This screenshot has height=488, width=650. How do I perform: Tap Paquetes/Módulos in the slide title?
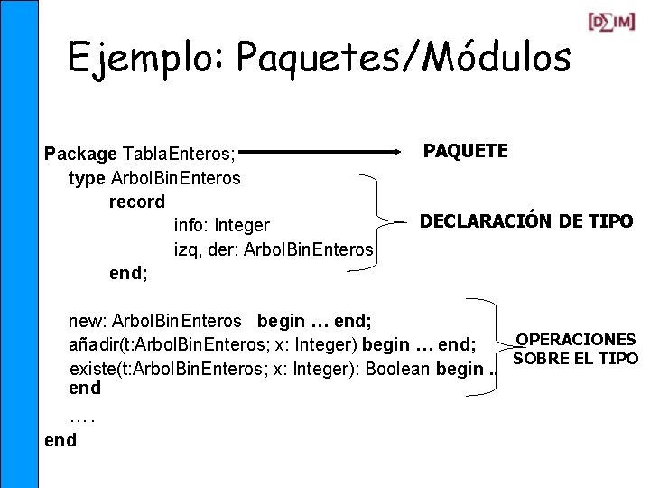click(x=404, y=59)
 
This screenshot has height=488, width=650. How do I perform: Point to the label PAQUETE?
click(x=466, y=151)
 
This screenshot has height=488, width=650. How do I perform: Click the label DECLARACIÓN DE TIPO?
click(x=526, y=221)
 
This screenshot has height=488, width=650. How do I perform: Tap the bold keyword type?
click(x=87, y=178)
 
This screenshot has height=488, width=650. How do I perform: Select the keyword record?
click(x=137, y=202)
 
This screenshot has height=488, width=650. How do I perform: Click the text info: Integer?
click(x=222, y=225)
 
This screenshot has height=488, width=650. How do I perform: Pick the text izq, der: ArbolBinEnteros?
click(x=274, y=249)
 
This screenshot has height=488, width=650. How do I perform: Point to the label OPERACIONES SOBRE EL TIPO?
click(x=575, y=349)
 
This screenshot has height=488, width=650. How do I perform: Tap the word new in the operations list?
click(x=85, y=321)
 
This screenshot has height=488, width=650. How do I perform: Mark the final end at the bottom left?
click(x=60, y=440)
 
